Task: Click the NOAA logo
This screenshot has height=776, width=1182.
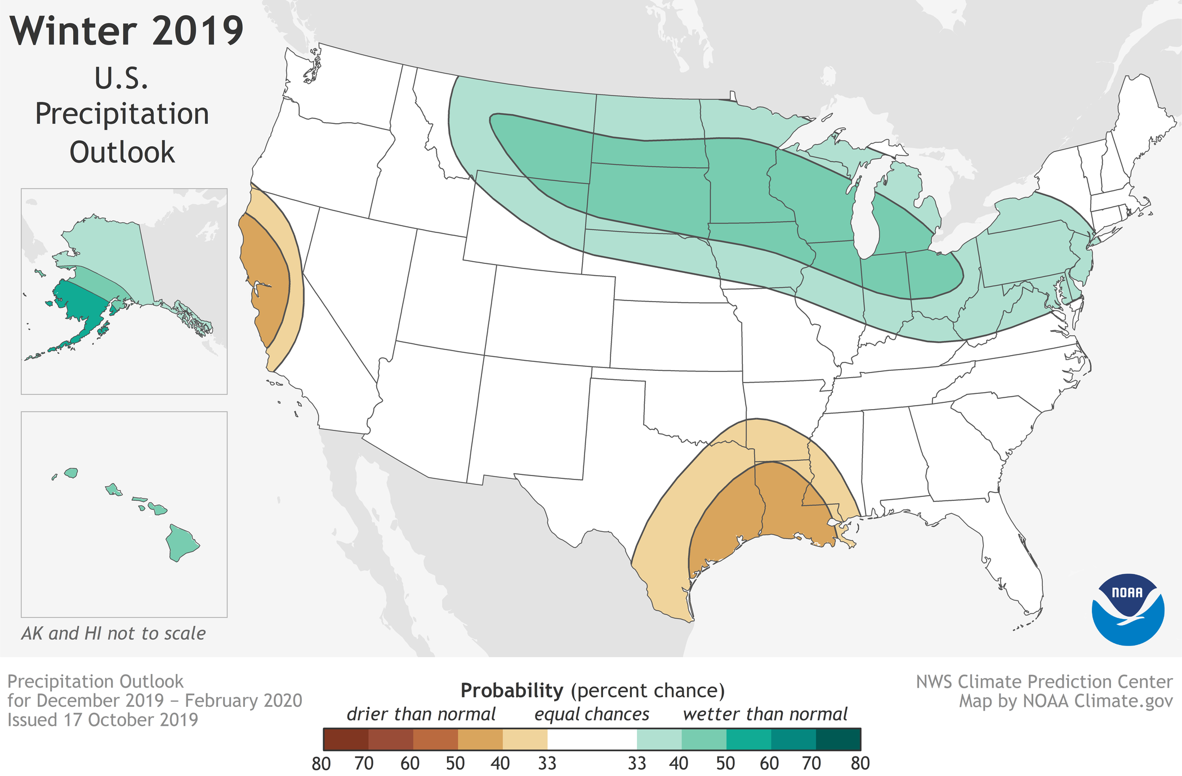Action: click(1127, 610)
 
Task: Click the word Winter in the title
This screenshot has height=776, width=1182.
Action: click(73, 31)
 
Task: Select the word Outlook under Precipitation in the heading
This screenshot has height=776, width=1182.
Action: click(122, 152)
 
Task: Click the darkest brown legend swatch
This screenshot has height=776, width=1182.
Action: click(346, 739)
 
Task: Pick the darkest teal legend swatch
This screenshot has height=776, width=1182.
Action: click(838, 739)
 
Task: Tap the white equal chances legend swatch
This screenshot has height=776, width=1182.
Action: click(591, 739)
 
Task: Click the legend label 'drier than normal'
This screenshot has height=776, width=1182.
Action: click(421, 715)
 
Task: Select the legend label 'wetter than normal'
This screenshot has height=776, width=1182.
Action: click(765, 715)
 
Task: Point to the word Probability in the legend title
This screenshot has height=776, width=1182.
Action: click(511, 690)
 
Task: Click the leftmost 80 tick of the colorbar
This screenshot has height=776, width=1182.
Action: click(321, 764)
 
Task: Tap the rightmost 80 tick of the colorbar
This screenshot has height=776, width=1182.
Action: click(860, 764)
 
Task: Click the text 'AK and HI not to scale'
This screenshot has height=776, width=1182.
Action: click(113, 634)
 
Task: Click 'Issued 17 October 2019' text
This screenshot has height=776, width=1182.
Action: click(102, 720)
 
